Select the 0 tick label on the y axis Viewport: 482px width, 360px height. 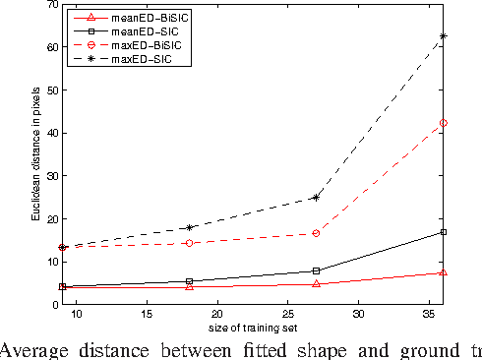point(50,305)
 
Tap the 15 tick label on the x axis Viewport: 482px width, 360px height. point(147,315)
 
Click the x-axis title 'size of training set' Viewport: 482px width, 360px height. point(253,327)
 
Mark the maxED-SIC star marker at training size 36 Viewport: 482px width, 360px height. point(444,36)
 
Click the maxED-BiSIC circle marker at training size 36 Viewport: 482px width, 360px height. point(444,123)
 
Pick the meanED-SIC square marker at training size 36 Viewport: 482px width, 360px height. point(444,232)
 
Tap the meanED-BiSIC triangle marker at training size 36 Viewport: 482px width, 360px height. point(444,272)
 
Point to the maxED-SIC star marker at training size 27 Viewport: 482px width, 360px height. point(316,197)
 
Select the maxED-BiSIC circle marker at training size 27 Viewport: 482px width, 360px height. point(316,233)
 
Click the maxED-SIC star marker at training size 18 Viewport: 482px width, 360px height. point(189,227)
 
